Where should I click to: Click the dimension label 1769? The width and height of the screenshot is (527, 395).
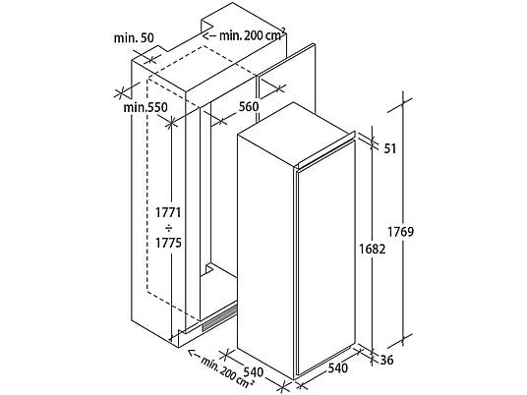[400, 232]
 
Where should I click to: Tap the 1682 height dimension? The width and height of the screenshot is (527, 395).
[372, 249]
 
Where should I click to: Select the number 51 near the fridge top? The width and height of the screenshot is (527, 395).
[390, 148]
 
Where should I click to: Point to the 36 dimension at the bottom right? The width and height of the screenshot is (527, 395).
[386, 360]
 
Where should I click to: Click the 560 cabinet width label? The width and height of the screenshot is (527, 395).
[249, 106]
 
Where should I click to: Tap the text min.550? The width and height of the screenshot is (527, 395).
[146, 107]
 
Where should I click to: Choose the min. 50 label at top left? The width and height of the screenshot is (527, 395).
[134, 38]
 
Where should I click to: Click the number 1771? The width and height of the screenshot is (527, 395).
[168, 212]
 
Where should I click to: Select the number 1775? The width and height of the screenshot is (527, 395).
[168, 243]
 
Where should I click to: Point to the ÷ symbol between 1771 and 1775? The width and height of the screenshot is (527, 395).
[168, 228]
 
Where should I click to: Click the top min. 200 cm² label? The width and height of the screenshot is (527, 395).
[253, 35]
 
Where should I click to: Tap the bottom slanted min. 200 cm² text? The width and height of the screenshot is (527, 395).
[227, 372]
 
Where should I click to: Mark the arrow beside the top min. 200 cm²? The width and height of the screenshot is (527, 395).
[209, 35]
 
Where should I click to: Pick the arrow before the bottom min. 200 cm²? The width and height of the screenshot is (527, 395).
[194, 354]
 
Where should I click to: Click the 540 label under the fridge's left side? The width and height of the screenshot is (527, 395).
[254, 371]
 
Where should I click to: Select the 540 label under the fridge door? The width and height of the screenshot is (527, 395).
[337, 368]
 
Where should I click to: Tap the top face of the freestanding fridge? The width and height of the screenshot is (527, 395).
[296, 135]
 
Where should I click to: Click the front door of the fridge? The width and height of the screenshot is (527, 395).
[325, 258]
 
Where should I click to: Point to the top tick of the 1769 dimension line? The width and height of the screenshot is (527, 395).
[403, 102]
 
